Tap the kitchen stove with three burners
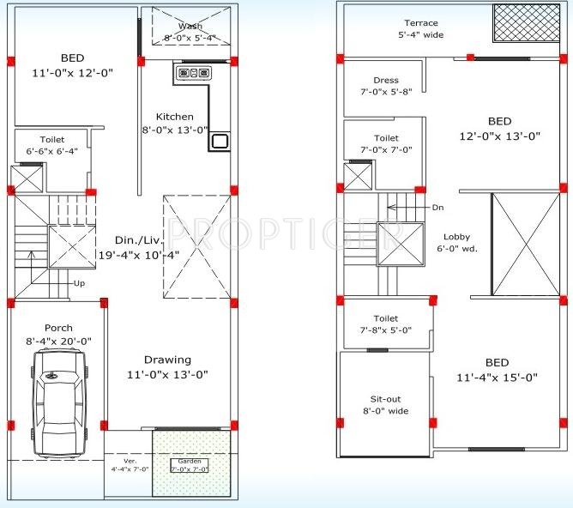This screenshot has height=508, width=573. pyautogui.click(x=194, y=74)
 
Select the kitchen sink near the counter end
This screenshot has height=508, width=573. pyautogui.click(x=220, y=141)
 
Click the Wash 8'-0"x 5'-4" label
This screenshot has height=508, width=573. pyautogui.click(x=190, y=32)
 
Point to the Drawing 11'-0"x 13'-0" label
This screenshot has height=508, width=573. pyautogui.click(x=167, y=367)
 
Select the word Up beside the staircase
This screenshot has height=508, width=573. pyautogui.click(x=80, y=282)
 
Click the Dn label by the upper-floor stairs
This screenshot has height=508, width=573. pyautogui.click(x=437, y=208)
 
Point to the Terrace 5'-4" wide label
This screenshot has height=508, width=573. pyautogui.click(x=421, y=29)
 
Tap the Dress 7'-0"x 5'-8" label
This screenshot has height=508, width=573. pyautogui.click(x=386, y=86)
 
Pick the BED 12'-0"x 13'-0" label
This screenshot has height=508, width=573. pyautogui.click(x=499, y=128)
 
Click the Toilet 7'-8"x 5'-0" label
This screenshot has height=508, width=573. pyautogui.click(x=386, y=324)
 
